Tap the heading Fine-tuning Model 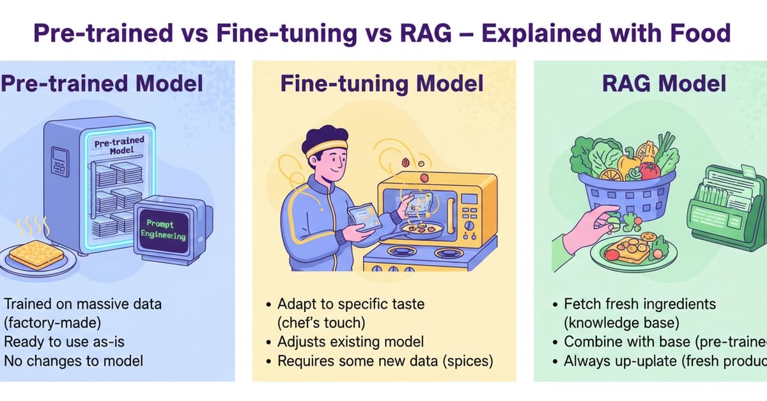(x=382, y=84)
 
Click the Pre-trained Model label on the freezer (x=119, y=146)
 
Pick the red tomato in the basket (x=650, y=169)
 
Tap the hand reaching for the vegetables (x=588, y=224)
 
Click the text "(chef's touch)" (x=319, y=322)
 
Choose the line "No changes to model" (x=74, y=361)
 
